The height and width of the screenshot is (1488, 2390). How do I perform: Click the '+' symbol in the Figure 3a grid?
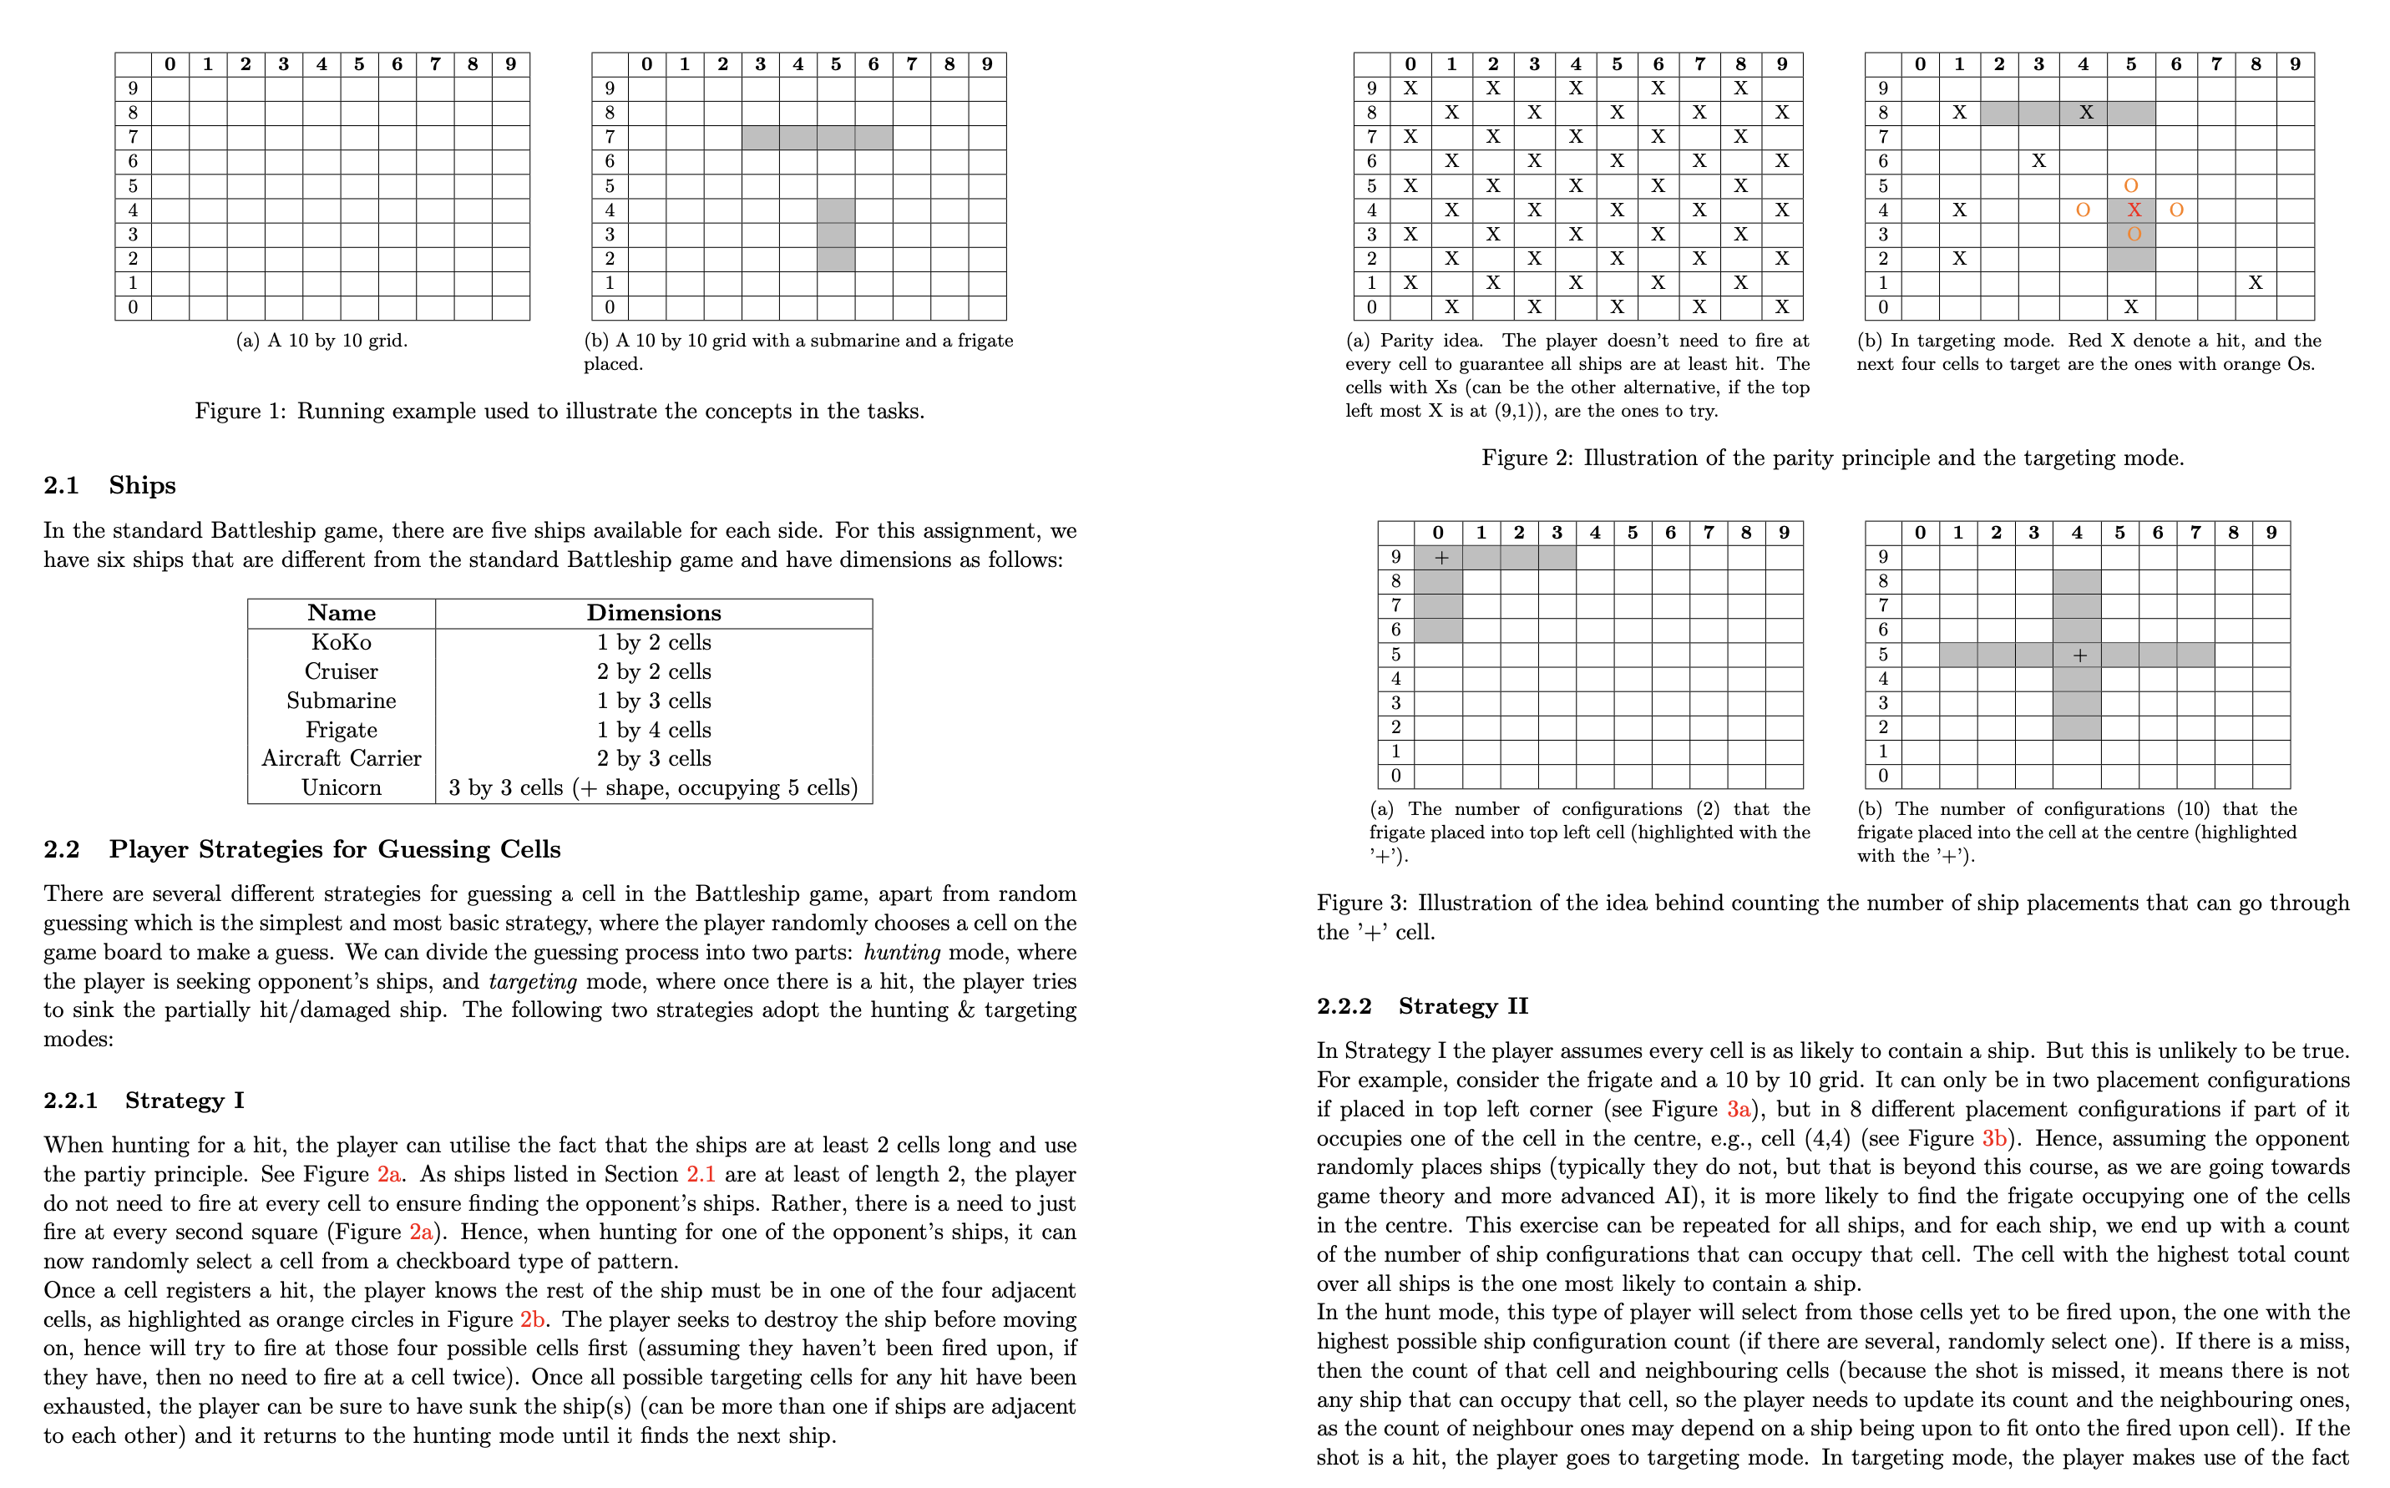(x=1441, y=558)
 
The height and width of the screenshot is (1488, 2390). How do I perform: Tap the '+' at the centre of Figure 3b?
(x=2079, y=655)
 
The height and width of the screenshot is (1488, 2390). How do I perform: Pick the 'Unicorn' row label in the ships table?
(x=341, y=788)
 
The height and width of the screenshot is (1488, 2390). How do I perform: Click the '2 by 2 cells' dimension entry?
(x=653, y=672)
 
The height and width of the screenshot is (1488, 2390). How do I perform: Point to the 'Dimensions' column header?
(x=653, y=613)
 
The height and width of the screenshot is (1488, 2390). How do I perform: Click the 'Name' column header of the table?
(x=341, y=613)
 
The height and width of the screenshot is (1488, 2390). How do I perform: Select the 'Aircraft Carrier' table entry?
(x=341, y=759)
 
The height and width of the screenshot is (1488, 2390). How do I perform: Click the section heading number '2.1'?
(x=60, y=485)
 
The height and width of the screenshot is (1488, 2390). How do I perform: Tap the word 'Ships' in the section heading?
(x=142, y=485)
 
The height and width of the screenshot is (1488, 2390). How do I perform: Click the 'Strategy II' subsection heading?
(x=1463, y=1005)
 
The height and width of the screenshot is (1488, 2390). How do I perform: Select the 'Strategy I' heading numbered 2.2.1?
(x=184, y=1101)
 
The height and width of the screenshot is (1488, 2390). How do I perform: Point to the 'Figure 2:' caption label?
(x=1527, y=458)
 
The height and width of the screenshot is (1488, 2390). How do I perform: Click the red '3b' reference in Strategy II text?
(x=1993, y=1139)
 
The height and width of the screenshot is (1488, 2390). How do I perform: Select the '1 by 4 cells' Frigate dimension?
(x=653, y=730)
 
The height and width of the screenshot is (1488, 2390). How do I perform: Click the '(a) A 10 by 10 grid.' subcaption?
(x=322, y=341)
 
